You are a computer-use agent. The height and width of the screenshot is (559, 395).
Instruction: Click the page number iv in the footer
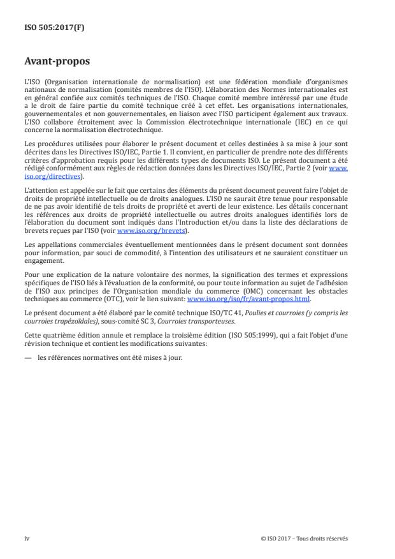point(26,538)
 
